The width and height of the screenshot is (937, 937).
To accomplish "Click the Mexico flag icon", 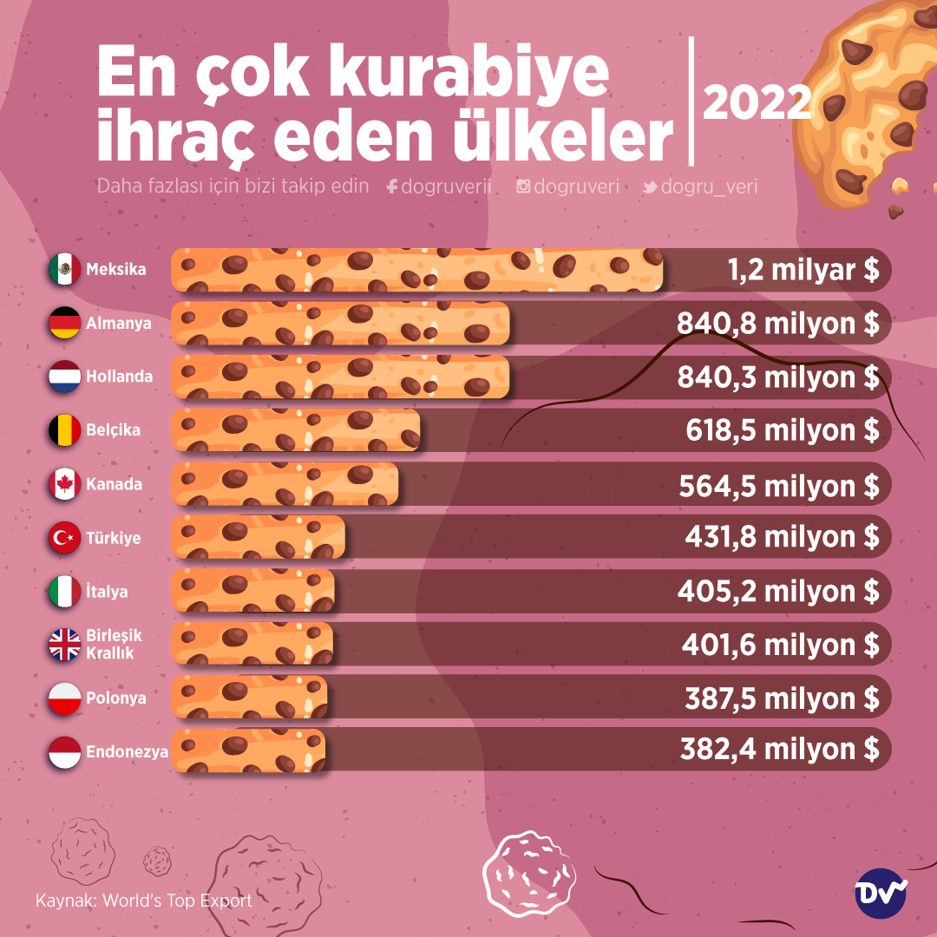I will (x=64, y=270).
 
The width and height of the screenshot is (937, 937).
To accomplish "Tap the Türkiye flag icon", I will (x=64, y=539).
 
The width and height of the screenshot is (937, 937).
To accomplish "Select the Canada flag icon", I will (x=64, y=485).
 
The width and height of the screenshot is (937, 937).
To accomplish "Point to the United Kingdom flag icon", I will (x=64, y=645).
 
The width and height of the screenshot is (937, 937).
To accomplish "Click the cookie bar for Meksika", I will (x=417, y=270).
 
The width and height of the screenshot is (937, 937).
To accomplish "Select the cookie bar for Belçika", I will (x=296, y=431).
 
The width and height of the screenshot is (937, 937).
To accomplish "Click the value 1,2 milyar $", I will (x=803, y=270).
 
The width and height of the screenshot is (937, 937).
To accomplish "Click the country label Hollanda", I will (x=119, y=377).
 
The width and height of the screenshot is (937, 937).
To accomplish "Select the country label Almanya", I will (x=118, y=324).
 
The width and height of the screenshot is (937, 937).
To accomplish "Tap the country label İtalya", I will (x=107, y=592).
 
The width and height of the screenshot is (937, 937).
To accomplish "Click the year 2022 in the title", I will (x=757, y=102).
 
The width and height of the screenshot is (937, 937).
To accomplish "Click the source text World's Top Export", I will (x=177, y=901).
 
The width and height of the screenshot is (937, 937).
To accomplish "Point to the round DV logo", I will (x=881, y=894).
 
